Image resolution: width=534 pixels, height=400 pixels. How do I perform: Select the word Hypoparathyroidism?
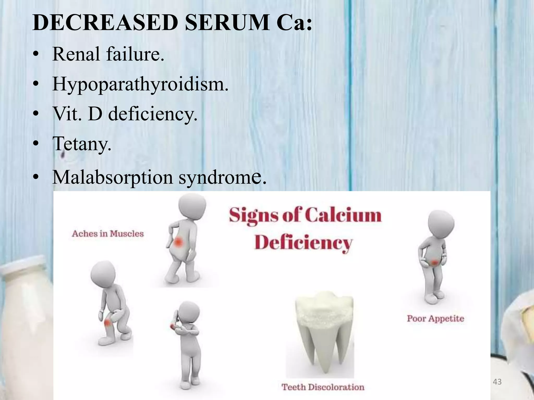140,84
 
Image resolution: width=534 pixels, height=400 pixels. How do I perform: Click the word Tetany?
82,144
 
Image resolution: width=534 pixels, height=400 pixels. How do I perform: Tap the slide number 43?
497,382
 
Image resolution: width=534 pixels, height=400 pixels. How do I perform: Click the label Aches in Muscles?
108,234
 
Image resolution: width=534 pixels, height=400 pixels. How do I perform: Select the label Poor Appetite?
435,318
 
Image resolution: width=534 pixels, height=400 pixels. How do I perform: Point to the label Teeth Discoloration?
323,387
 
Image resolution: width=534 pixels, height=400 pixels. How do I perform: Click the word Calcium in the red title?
343,216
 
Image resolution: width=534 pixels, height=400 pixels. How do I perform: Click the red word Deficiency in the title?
303,243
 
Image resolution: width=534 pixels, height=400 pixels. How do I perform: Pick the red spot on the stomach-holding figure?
434,262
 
